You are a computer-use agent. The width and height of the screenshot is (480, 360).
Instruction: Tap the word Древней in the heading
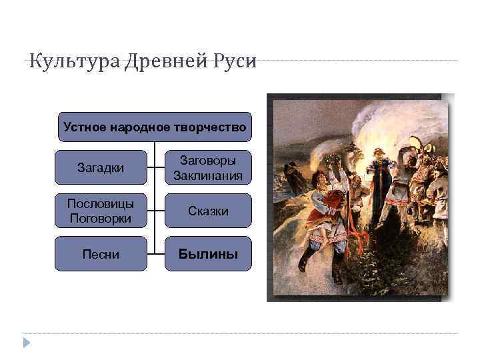point(153,61)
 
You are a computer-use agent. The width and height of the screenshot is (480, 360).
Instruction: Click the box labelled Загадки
point(101,167)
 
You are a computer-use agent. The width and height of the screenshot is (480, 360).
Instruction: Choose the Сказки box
point(208,211)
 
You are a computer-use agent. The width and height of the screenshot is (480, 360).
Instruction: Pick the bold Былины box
point(208,254)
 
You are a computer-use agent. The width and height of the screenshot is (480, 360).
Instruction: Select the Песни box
point(101,254)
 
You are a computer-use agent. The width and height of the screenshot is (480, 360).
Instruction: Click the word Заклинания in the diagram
point(208,176)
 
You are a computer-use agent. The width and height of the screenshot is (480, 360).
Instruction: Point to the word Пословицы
point(101,203)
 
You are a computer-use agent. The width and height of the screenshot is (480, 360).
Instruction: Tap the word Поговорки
point(101,219)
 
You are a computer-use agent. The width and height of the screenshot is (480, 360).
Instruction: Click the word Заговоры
point(208,160)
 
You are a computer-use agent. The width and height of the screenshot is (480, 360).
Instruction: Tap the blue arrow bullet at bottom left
point(27,343)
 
